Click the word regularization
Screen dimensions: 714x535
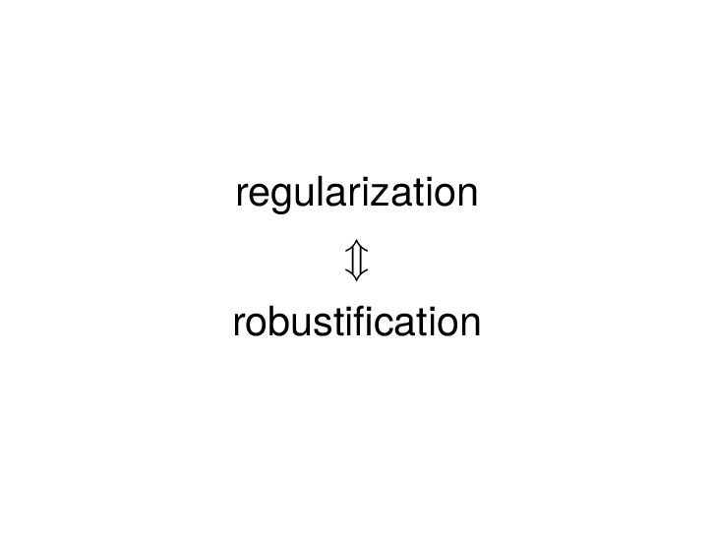click(x=356, y=194)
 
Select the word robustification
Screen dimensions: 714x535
click(x=356, y=322)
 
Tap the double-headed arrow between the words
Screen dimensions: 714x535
click(x=356, y=259)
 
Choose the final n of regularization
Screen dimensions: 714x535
click(x=465, y=194)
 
